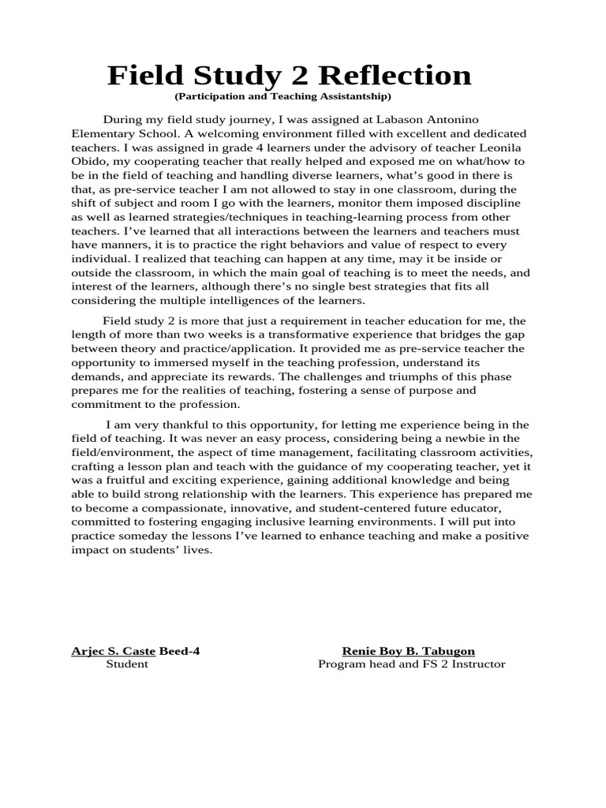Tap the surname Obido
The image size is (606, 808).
click(x=88, y=162)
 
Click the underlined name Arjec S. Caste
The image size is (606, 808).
click(x=114, y=651)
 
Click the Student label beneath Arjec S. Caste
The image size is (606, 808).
click(x=127, y=664)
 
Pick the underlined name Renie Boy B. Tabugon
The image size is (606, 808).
click(x=408, y=651)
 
